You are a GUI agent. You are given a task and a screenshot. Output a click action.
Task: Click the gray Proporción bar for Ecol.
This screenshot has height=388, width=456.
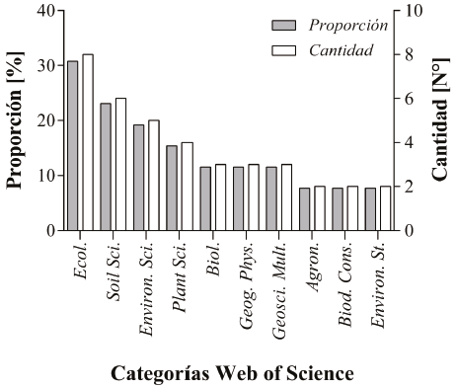pos(72,146)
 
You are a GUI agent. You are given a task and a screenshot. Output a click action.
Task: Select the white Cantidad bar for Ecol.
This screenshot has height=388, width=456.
pos(87,142)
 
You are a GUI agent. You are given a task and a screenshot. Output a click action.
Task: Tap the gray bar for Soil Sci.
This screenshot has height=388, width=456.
pos(106,167)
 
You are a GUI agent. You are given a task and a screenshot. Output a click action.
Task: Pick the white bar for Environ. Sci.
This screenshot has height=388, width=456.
pos(153,175)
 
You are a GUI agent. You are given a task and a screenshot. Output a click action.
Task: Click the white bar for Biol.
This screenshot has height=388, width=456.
pos(220,197)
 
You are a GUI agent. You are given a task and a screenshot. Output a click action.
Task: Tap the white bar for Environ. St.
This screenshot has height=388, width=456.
pos(385,208)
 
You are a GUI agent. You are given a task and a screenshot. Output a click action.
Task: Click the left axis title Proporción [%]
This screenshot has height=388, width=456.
pos(16,120)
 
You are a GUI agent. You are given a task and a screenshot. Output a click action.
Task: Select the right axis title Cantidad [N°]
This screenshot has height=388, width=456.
pos(440,120)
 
